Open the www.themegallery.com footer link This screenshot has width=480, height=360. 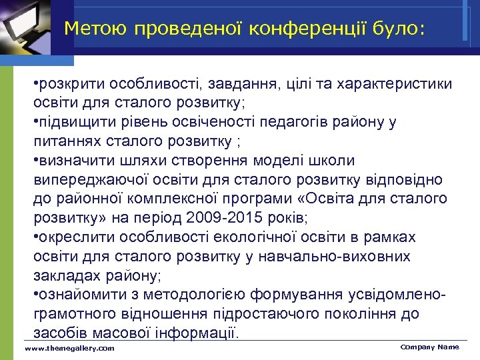(x=69, y=349)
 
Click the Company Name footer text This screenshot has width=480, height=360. (x=429, y=347)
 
